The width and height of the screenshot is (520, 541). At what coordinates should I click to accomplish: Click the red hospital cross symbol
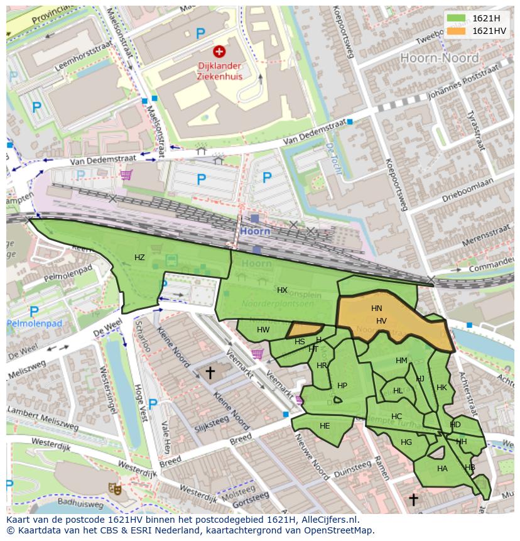pyautogui.click(x=219, y=52)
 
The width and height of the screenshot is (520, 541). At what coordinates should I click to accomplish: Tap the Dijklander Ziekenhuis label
pyautogui.click(x=219, y=70)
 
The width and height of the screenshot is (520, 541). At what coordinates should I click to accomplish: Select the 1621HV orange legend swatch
pyautogui.click(x=457, y=31)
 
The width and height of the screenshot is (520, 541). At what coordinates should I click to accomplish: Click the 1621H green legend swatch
pyautogui.click(x=457, y=18)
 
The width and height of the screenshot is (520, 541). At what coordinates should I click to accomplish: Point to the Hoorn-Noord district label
pyautogui.click(x=439, y=58)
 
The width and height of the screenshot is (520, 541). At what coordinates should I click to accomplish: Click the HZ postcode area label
pyautogui.click(x=139, y=258)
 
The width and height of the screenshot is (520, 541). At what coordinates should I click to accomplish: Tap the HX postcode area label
pyautogui.click(x=282, y=290)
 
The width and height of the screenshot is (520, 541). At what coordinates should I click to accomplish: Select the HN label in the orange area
pyautogui.click(x=376, y=309)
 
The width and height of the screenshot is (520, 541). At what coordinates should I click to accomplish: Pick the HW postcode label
pyautogui.click(x=263, y=330)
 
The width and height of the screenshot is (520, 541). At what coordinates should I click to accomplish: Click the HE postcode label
pyautogui.click(x=325, y=426)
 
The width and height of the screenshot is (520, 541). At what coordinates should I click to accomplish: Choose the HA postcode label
pyautogui.click(x=442, y=469)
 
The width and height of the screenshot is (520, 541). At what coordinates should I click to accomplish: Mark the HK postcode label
pyautogui.click(x=441, y=388)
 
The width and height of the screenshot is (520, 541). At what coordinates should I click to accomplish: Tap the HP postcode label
pyautogui.click(x=342, y=386)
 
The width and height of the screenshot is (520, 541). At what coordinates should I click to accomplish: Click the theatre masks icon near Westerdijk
pyautogui.click(x=114, y=488)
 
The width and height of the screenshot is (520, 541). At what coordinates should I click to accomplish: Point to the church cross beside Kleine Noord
pyautogui.click(x=210, y=373)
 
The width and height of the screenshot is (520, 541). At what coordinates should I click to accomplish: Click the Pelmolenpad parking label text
pyautogui.click(x=35, y=324)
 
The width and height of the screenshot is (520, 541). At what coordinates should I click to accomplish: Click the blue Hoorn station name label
pyautogui.click(x=255, y=231)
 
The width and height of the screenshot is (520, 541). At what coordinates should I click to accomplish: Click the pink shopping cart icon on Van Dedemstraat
pyautogui.click(x=126, y=175)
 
